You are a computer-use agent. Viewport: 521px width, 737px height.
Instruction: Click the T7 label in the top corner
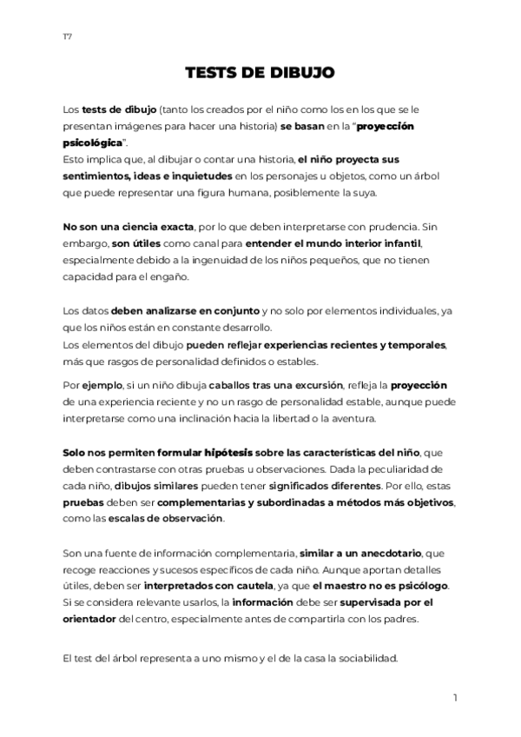pyautogui.click(x=67, y=36)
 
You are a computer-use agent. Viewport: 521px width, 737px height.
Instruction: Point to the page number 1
pyautogui.click(x=455, y=698)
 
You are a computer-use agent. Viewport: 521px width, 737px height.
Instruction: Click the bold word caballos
pyautogui.click(x=238, y=385)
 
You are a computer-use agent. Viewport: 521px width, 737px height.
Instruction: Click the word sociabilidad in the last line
pyautogui.click(x=360, y=658)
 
